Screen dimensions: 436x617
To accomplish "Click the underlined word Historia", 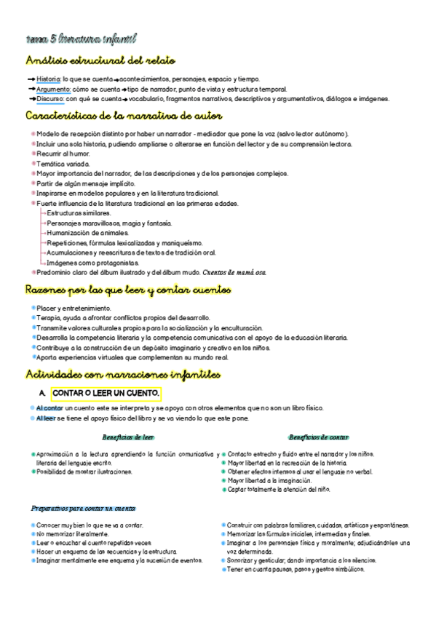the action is coord(49,79).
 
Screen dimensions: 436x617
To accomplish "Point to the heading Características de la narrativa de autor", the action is coord(124,116).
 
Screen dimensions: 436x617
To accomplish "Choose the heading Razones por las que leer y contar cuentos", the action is coord(128,290).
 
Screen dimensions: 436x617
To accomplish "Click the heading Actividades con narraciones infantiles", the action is coord(122,375).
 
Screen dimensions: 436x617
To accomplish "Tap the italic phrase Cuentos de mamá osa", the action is coord(235,272).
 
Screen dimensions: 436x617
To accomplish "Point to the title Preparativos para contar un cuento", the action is coord(84,508).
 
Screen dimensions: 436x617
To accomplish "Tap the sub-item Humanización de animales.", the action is coord(87,233).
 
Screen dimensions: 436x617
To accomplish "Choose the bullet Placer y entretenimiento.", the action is coord(74,308).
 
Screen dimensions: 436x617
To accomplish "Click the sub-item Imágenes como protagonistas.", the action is coord(92,262).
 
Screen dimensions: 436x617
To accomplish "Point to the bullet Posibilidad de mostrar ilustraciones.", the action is coord(84,471).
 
